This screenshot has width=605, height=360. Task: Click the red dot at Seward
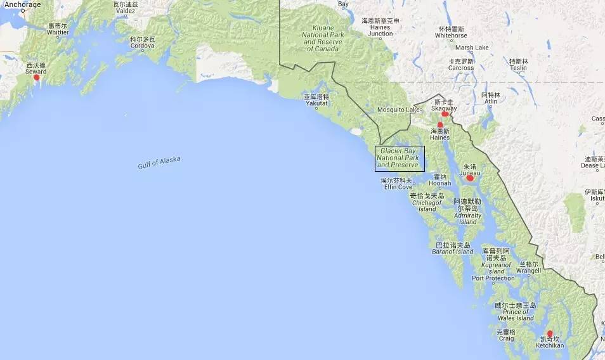pos(36,77)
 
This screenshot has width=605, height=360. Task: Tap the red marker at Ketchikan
pos(550,333)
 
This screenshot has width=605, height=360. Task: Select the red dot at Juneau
pos(470,178)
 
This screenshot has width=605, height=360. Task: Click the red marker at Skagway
pos(445,114)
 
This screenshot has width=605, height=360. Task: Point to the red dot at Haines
pos(439,125)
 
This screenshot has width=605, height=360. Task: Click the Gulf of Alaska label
pos(159,162)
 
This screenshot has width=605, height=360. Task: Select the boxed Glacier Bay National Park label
pos(400,158)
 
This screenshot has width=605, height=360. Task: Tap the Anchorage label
pos(22,4)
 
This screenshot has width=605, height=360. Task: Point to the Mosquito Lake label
pos(398,110)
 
